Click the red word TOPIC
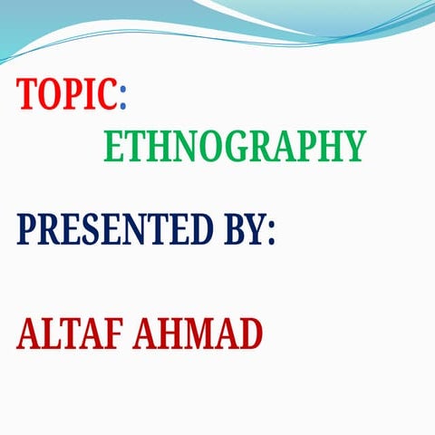click(67, 93)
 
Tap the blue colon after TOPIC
click(123, 94)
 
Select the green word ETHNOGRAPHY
click(235, 146)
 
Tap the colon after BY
click(269, 232)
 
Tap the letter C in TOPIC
click(107, 93)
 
